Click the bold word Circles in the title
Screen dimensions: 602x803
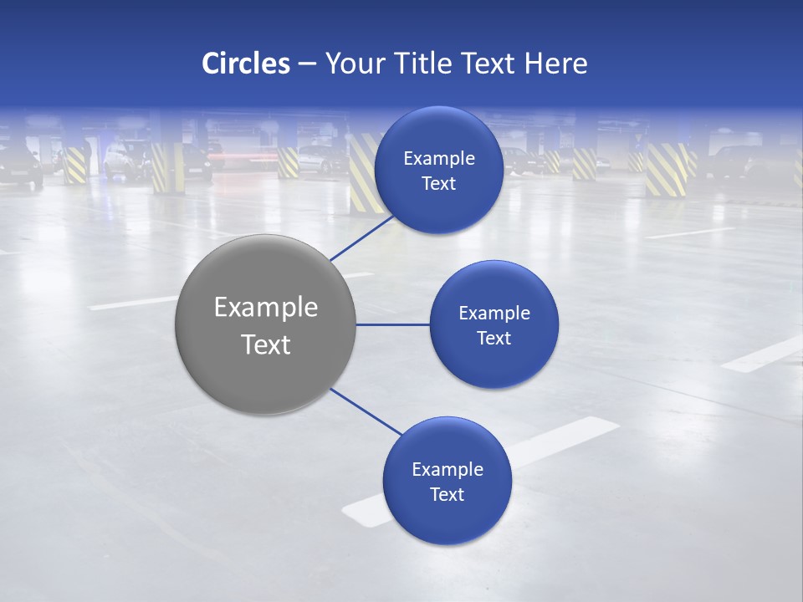[246, 64]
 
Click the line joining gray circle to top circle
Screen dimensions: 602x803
[363, 237]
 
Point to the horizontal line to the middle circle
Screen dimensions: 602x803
[392, 324]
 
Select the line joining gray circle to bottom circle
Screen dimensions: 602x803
[366, 411]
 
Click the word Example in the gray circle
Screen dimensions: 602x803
[266, 308]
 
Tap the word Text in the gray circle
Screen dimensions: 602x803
[266, 344]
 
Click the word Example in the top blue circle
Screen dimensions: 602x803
[439, 159]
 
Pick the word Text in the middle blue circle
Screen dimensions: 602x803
[494, 339]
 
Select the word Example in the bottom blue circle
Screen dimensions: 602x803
[448, 470]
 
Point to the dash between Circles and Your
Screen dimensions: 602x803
[307, 64]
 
